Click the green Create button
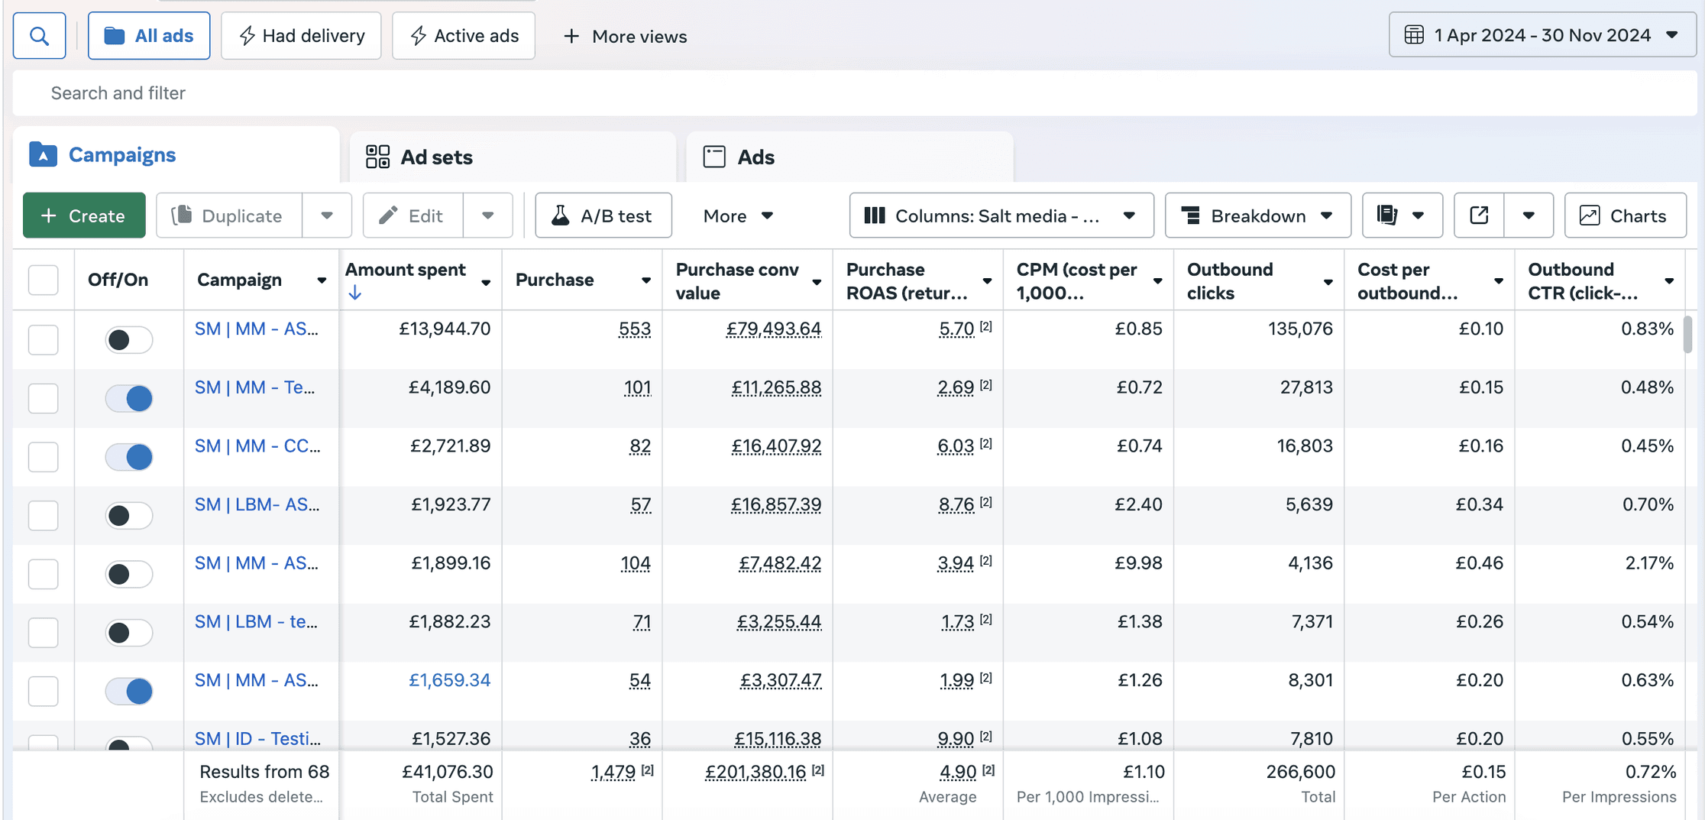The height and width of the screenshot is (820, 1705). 84,216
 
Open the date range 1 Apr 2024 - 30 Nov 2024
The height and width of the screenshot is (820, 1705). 1542,35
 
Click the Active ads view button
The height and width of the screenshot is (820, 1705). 464,36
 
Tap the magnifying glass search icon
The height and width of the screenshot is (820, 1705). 39,36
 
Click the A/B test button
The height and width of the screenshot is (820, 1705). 603,216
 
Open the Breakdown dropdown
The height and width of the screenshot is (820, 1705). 1257,216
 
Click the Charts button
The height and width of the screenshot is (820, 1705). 1625,216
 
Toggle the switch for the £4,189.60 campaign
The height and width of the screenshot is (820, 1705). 129,398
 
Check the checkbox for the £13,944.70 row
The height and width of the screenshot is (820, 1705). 44,339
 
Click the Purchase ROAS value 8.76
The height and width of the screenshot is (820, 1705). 956,505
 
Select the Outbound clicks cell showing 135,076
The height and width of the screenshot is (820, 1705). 1300,329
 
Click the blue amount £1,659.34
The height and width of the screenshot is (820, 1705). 449,680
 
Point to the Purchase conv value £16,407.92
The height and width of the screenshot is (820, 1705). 776,446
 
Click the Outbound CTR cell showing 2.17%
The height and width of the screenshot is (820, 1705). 1649,563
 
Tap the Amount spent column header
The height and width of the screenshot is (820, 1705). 405,270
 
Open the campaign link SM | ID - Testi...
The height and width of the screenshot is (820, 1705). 257,738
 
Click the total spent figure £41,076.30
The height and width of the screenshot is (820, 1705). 448,772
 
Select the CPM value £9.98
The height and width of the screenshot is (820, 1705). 1138,563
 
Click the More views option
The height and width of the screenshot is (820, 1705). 625,36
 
